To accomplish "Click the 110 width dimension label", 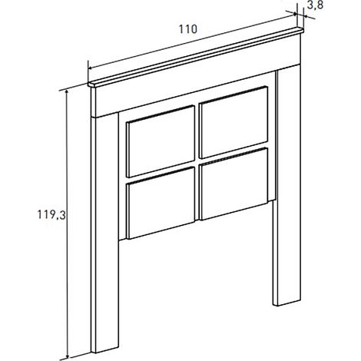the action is point(188,29).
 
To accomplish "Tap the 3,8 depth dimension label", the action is point(315,5).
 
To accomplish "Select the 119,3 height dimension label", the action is point(51,214).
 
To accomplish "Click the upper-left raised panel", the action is point(161,141).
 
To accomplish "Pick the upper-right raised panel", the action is point(233,122).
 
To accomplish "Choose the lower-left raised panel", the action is point(161,203).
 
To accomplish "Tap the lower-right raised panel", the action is point(234,184).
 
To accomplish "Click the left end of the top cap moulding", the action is point(89,84).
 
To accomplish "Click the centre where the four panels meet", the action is point(197,162).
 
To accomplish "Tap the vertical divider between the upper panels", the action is point(197,132).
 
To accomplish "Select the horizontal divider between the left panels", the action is point(161,172).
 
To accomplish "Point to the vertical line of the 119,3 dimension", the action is point(68,224).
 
